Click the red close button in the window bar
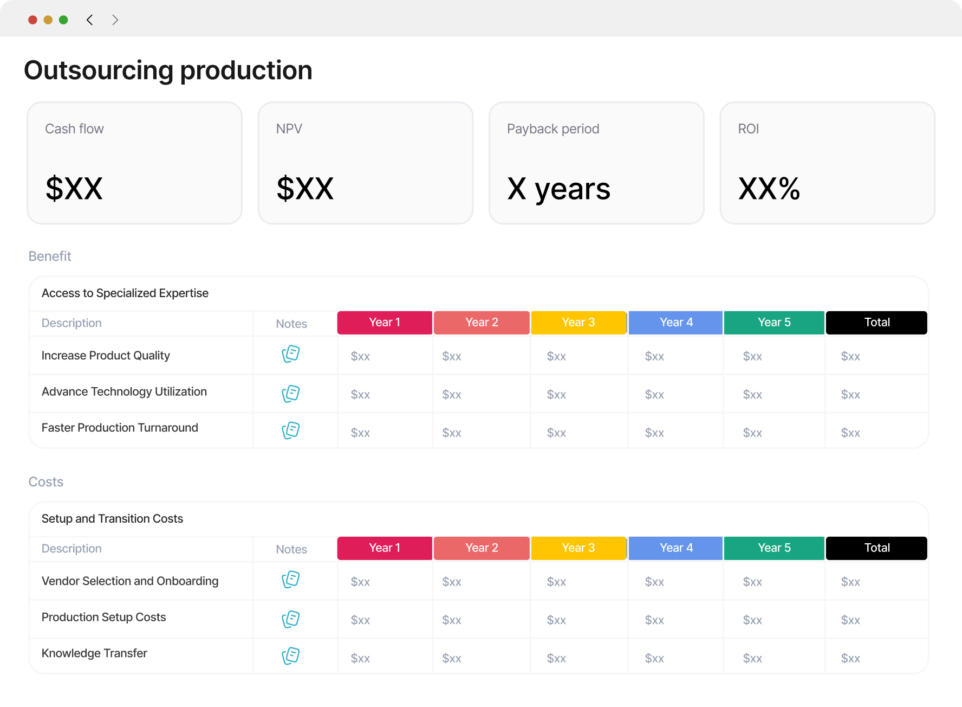[32, 20]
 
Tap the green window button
[63, 20]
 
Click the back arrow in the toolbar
[90, 20]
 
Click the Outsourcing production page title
[168, 70]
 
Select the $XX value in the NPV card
[305, 189]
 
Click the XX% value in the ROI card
[769, 189]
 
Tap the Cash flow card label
[74, 129]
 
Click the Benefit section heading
[50, 256]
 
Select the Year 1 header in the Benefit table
[385, 323]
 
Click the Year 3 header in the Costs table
[578, 548]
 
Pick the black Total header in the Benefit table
[876, 323]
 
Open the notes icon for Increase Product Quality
[291, 354]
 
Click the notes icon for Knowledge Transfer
[291, 655]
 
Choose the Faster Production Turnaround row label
[120, 428]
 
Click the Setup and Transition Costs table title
[112, 519]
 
